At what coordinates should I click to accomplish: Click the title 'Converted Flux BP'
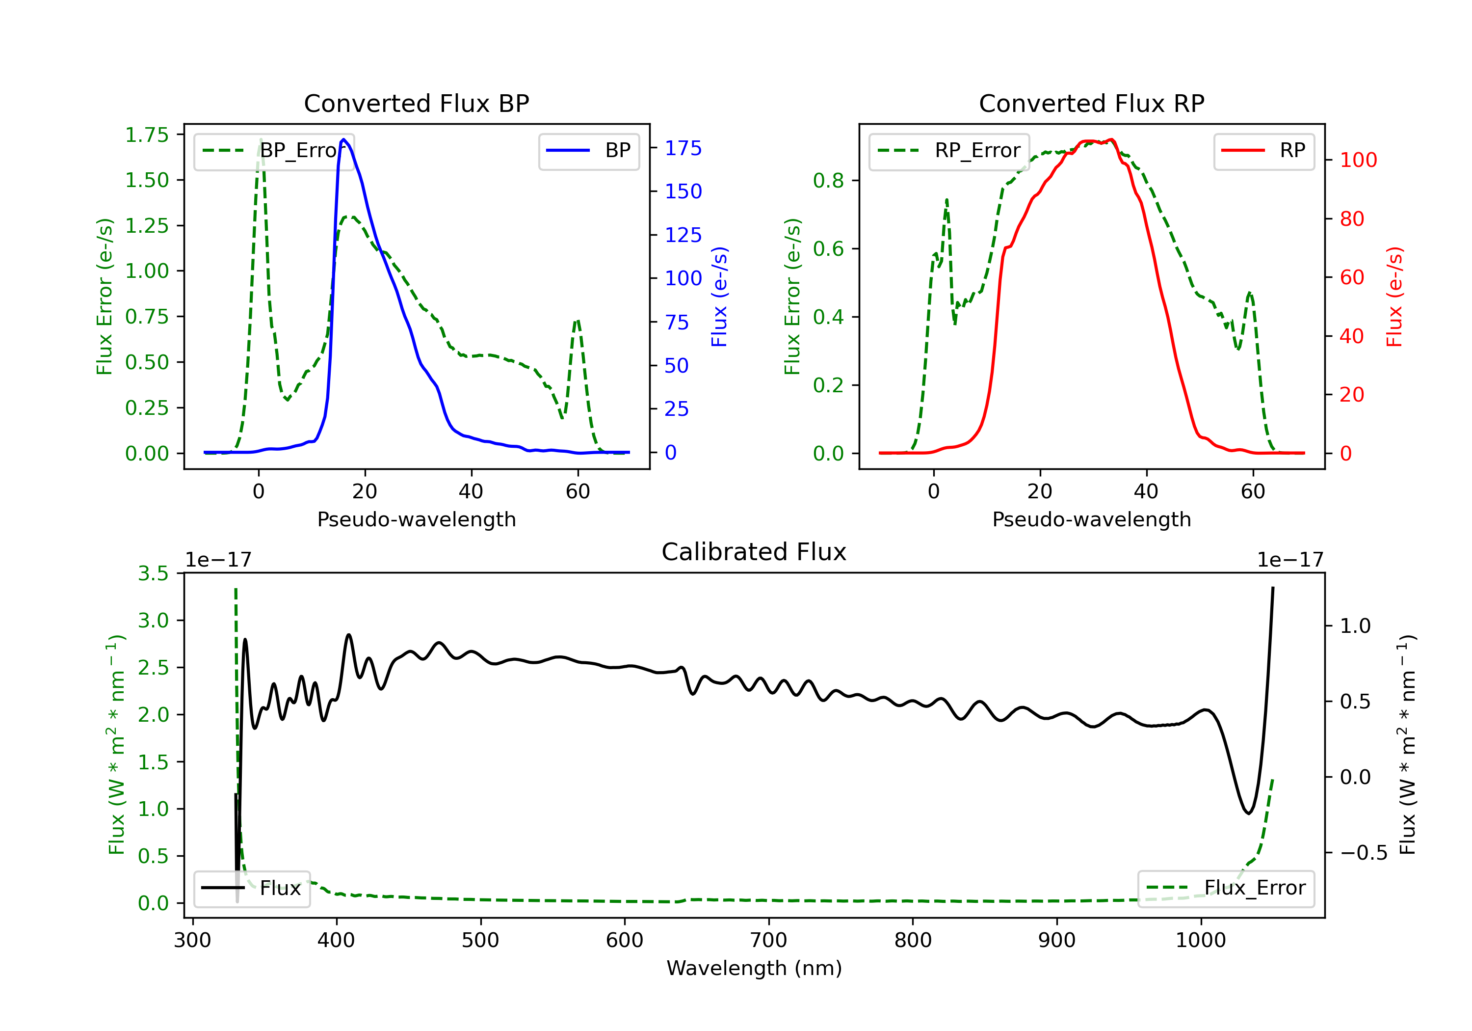coord(416,103)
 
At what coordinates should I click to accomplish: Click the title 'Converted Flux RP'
coord(1091,103)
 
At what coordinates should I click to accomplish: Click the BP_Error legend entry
coord(274,151)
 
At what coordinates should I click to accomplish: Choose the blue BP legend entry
coord(588,151)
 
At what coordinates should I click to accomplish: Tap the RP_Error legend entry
coord(949,151)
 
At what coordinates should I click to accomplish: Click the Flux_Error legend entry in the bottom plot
coord(1225,888)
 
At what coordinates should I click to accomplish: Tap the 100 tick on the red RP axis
coord(1358,160)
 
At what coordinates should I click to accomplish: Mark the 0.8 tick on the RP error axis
coord(828,181)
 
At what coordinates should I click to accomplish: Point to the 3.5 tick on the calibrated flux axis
coord(153,573)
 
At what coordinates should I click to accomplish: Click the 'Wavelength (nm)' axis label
coord(754,968)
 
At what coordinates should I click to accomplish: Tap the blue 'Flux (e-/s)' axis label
coord(719,297)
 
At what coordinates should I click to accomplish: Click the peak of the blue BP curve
coord(343,139)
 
